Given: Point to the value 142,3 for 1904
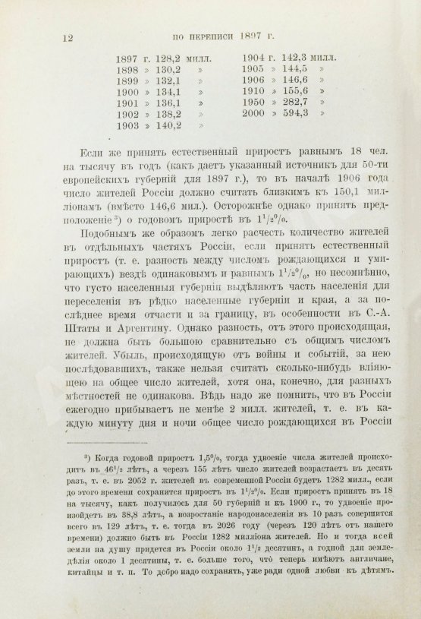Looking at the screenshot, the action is point(295,58).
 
